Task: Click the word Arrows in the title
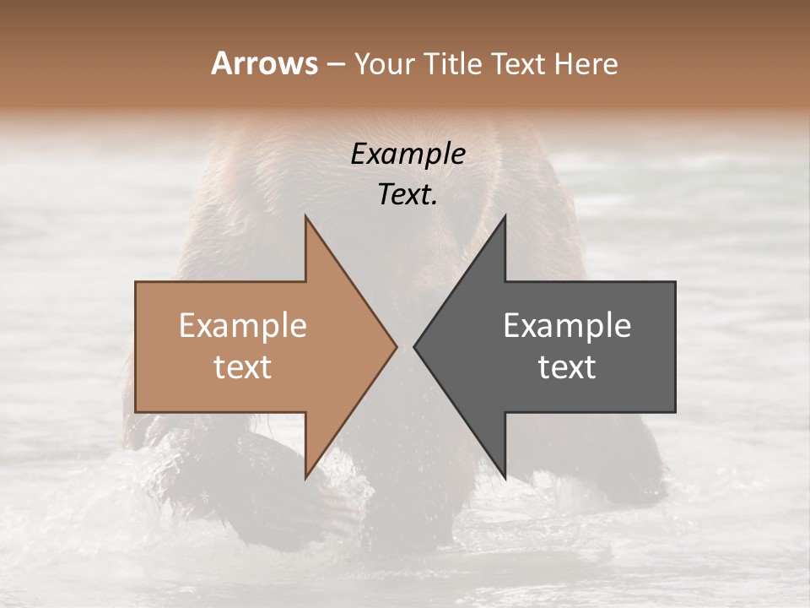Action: pyautogui.click(x=264, y=63)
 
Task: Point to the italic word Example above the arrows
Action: pyautogui.click(x=408, y=154)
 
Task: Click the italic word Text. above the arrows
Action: pyautogui.click(x=408, y=194)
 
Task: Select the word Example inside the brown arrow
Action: pyautogui.click(x=243, y=325)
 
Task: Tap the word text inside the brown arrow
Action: pyautogui.click(x=243, y=366)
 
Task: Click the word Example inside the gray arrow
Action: pyautogui.click(x=567, y=325)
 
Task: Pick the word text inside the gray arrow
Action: pyautogui.click(x=567, y=366)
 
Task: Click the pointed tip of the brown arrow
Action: pyautogui.click(x=396, y=346)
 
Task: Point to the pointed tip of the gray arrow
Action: pyautogui.click(x=415, y=346)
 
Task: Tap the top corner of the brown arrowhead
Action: pyautogui.click(x=305, y=217)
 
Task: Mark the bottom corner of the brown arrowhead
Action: pyautogui.click(x=305, y=477)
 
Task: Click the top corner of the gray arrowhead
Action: pyautogui.click(x=505, y=217)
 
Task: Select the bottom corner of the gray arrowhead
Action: pyautogui.click(x=505, y=477)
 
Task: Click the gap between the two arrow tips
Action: pyautogui.click(x=405, y=346)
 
